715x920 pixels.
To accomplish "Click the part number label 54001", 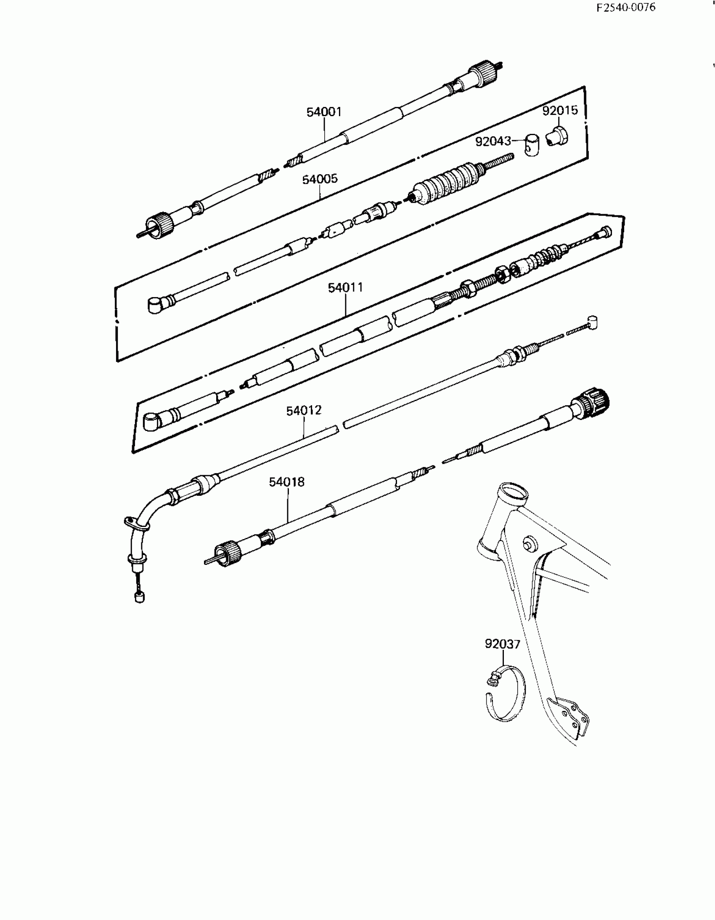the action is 324,112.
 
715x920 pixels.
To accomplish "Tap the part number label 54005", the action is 320,179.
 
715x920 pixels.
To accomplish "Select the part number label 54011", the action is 345,288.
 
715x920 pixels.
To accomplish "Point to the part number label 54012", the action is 304,410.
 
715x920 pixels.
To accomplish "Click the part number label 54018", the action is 287,482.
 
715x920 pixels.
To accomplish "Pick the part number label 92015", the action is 560,110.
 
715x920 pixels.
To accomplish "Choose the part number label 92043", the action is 493,141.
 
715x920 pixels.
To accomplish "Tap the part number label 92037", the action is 502,644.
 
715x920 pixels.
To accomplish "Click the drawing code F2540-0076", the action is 626,8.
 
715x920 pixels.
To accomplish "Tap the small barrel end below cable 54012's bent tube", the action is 139,597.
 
